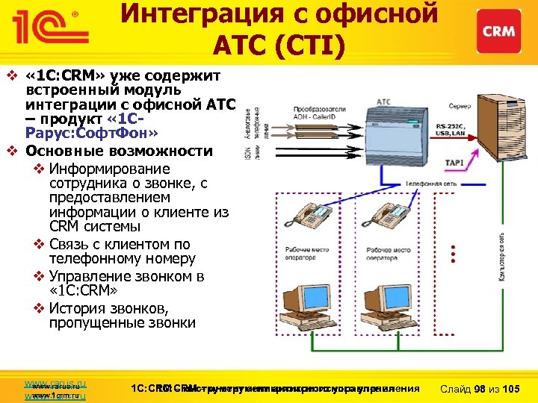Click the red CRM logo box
(498, 32)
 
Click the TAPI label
(454, 163)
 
